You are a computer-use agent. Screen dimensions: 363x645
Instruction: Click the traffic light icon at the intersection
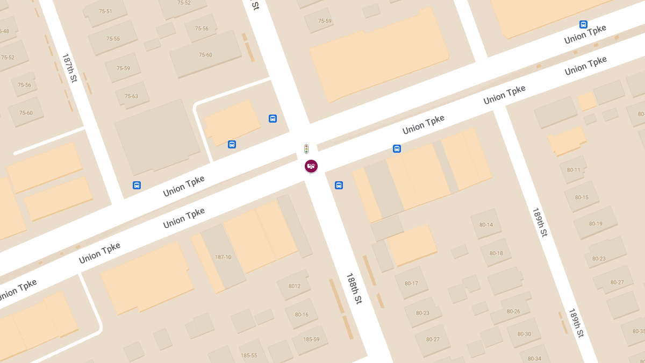306,149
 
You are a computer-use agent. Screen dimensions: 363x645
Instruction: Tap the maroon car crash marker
311,166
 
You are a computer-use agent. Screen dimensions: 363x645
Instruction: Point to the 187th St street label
70,68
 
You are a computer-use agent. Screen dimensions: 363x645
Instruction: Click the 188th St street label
354,289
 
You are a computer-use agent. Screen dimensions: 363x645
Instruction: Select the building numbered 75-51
105,11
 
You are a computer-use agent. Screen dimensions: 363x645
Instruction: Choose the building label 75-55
113,39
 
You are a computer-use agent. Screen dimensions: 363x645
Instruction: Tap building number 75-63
131,96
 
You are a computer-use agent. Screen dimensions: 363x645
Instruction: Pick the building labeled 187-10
223,257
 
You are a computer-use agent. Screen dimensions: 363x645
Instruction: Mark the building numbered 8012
295,286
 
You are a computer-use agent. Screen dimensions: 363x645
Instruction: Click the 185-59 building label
311,339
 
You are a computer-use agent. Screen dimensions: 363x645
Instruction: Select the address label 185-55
249,355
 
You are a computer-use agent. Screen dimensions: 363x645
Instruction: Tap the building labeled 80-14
486,225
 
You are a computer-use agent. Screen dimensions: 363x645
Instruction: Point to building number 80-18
496,253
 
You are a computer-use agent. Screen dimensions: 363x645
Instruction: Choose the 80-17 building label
411,283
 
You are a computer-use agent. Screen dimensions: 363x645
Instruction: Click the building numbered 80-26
513,311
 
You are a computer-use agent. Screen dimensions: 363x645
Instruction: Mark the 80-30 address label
524,334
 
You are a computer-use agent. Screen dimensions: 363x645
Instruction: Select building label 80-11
574,170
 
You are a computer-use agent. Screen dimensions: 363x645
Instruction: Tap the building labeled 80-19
596,224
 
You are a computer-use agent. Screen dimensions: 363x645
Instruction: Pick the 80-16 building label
302,315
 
